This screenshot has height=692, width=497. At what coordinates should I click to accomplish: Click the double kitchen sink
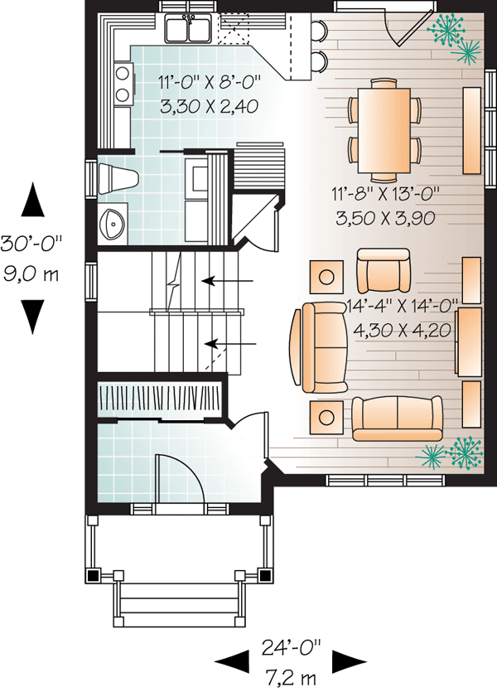(x=189, y=28)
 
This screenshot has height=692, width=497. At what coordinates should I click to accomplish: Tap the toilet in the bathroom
(x=118, y=179)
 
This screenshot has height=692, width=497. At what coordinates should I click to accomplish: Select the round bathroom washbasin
(x=113, y=222)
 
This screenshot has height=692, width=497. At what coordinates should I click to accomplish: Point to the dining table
(x=384, y=130)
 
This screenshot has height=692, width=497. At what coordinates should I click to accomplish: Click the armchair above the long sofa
(x=383, y=270)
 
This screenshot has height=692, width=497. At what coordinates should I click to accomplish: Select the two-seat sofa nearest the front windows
(x=397, y=418)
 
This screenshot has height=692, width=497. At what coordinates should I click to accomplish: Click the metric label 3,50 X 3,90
(x=385, y=218)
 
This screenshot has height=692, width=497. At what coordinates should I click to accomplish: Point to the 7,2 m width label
(x=291, y=677)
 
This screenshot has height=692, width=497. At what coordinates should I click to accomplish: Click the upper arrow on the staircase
(x=227, y=280)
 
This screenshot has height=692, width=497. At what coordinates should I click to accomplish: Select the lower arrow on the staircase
(x=230, y=343)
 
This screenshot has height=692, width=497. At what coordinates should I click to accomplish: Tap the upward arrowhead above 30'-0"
(x=33, y=200)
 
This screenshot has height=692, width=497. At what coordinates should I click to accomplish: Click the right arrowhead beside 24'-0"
(x=350, y=661)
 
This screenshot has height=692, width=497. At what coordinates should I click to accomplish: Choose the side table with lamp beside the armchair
(x=326, y=277)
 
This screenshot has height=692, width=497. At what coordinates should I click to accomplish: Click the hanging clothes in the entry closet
(x=159, y=396)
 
